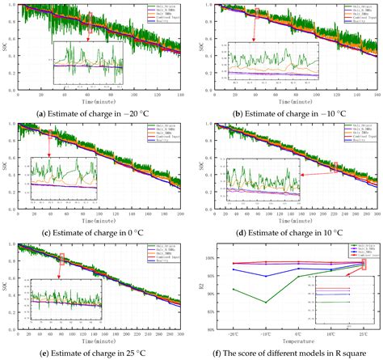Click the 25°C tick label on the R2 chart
(364, 332)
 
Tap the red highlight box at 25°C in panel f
(364, 265)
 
